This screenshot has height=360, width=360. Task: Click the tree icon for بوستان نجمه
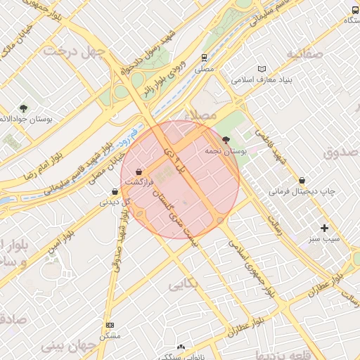point(226,141)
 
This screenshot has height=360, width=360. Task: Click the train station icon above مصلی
point(204,58)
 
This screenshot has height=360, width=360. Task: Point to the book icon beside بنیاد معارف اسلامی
point(262,69)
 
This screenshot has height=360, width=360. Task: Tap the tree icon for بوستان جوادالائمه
point(24,108)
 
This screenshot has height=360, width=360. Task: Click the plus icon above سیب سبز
point(324,228)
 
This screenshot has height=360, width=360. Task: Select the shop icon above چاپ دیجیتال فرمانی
point(302,180)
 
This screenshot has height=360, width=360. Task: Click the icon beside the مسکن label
point(110,325)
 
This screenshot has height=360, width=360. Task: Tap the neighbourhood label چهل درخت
point(74,51)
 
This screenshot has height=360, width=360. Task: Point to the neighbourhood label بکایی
point(185,285)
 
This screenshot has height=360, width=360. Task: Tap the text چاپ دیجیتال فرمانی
point(303,191)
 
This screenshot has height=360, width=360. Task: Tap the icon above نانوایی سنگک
point(181,347)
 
